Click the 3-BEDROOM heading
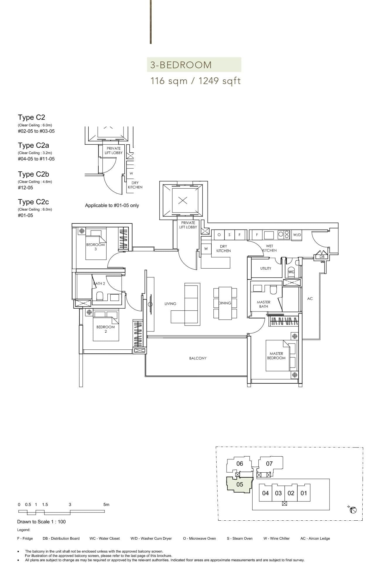(x=181, y=65)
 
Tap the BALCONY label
(x=198, y=358)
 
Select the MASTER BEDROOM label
(x=276, y=356)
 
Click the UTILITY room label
(x=265, y=268)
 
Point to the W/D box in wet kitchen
(x=297, y=235)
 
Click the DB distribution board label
(x=322, y=257)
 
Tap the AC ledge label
(x=310, y=299)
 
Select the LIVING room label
(x=170, y=304)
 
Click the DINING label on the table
(x=225, y=303)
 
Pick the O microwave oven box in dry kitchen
(x=219, y=235)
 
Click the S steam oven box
(x=229, y=235)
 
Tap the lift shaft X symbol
(x=183, y=201)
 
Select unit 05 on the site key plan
(x=239, y=484)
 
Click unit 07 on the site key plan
(x=269, y=464)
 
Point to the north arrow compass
(x=353, y=510)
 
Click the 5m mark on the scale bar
(x=106, y=505)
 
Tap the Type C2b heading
(x=33, y=174)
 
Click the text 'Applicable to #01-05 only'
(x=112, y=206)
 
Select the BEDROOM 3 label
(x=95, y=247)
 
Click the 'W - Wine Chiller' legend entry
(x=276, y=538)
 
